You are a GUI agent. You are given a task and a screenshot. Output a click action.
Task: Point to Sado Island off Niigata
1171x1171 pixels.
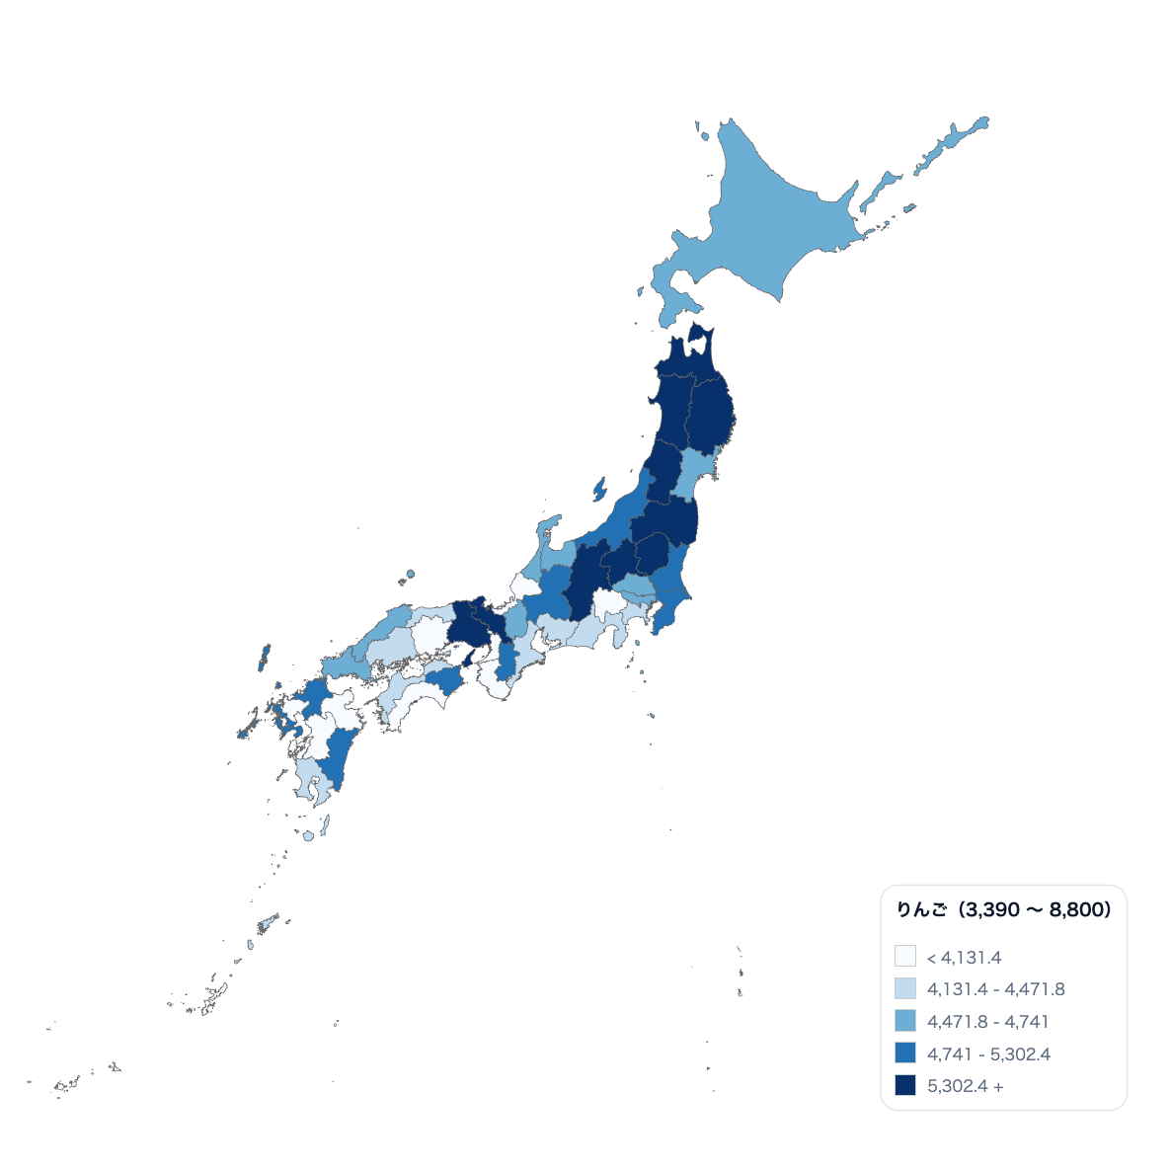(x=598, y=489)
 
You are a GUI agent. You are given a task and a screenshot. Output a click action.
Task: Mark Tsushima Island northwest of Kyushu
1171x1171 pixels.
(x=265, y=658)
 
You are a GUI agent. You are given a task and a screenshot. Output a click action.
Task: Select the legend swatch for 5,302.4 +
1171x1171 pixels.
(x=904, y=1085)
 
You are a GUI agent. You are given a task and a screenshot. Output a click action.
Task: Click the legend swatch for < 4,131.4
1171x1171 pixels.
(x=904, y=957)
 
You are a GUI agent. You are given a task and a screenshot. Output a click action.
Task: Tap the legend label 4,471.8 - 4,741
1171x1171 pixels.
(x=987, y=1021)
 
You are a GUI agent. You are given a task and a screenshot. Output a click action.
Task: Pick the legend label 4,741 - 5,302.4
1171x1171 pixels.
(x=988, y=1054)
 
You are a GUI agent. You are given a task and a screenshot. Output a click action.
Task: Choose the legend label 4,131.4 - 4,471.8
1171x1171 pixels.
(x=995, y=988)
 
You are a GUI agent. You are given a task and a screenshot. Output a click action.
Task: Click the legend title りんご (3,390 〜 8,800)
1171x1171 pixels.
(x=1002, y=910)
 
